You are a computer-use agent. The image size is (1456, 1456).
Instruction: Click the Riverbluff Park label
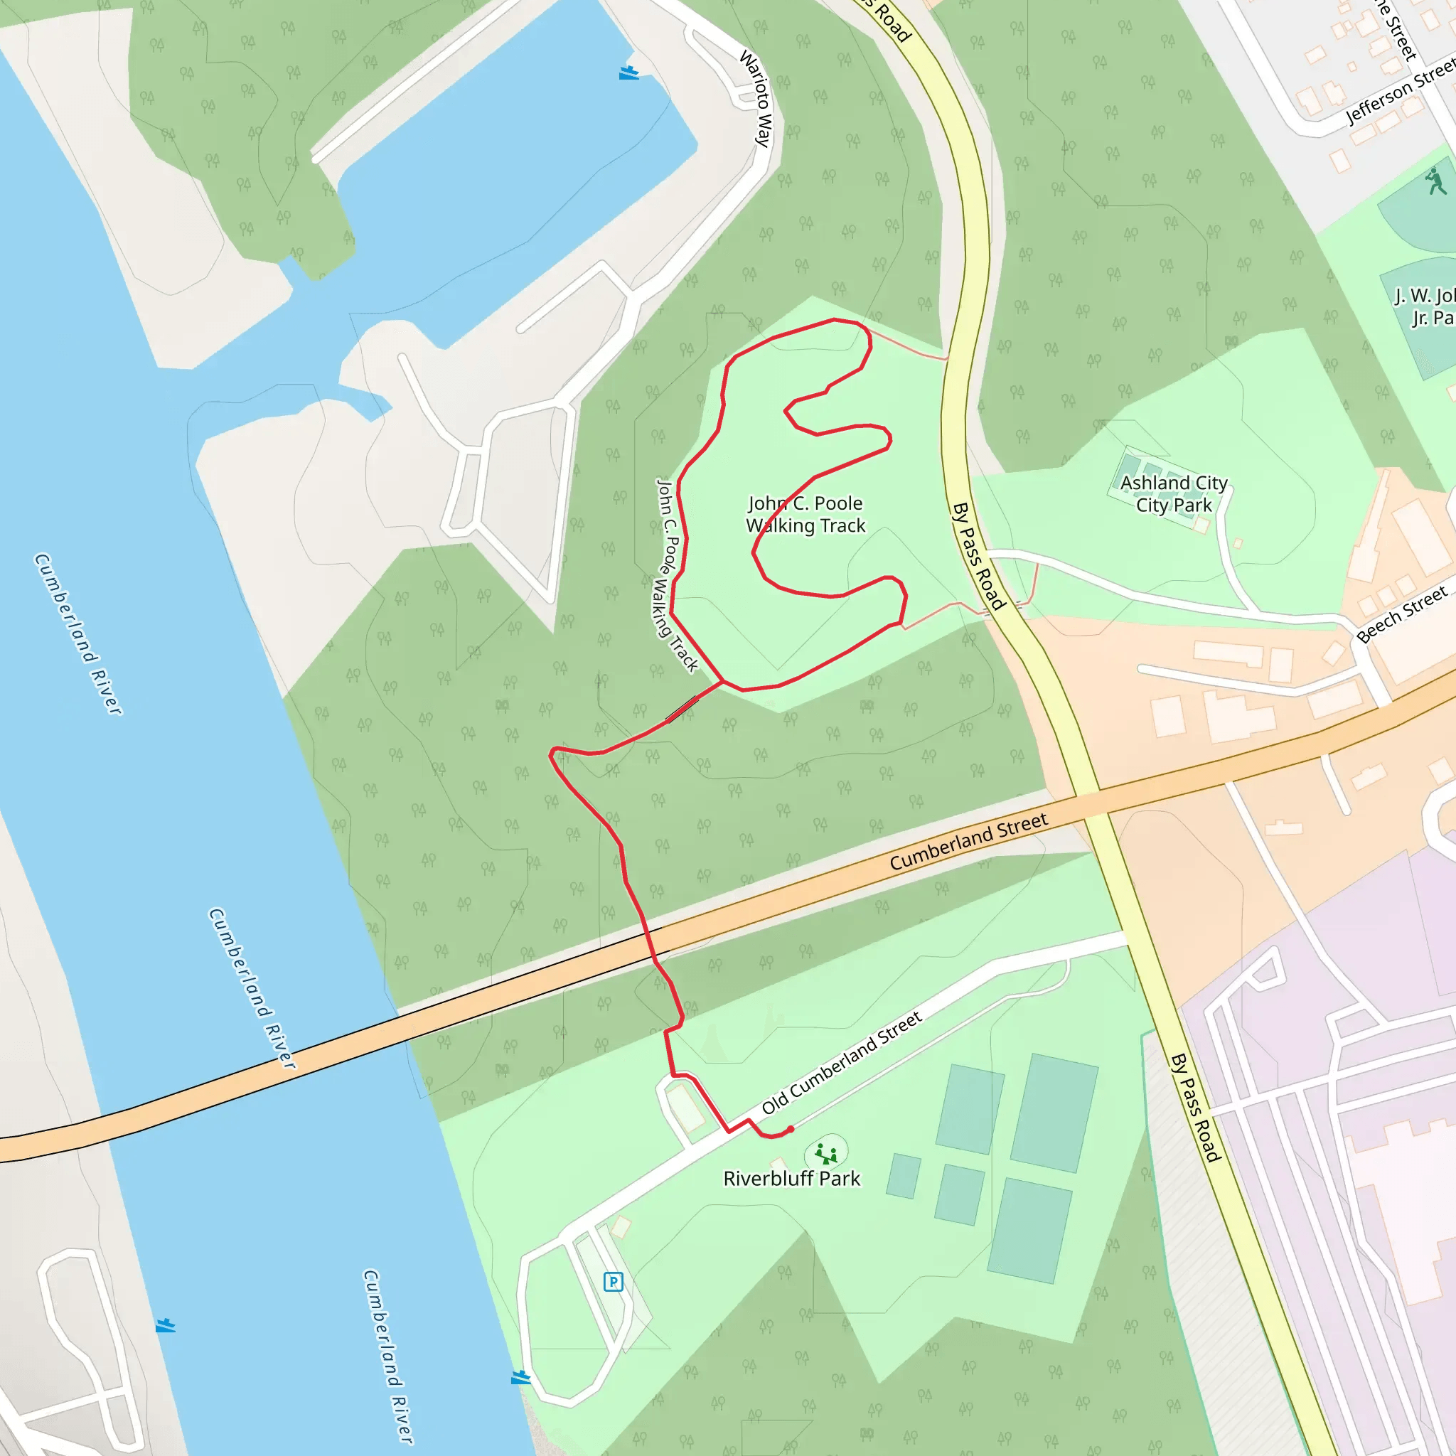(791, 1179)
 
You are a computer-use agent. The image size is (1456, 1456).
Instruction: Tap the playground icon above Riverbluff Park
(827, 1153)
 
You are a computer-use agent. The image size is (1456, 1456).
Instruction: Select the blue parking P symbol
(614, 1281)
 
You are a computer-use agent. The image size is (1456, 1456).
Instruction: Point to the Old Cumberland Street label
(842, 1064)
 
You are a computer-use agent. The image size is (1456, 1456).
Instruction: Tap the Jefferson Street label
(1401, 92)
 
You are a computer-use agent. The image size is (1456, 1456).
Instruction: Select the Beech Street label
(1402, 615)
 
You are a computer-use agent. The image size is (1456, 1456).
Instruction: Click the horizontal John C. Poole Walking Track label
(805, 514)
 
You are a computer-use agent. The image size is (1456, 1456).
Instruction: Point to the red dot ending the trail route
(791, 1130)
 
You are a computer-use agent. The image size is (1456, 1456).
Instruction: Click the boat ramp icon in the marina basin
(628, 73)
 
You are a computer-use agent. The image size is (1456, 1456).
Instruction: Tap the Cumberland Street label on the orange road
(968, 842)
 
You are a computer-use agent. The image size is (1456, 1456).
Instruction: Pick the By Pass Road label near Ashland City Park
(978, 556)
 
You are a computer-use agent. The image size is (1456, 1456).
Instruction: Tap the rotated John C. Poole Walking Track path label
(676, 576)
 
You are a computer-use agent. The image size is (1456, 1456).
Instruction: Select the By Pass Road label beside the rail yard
(1195, 1108)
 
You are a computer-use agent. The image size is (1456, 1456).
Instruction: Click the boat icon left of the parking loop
(520, 1378)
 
